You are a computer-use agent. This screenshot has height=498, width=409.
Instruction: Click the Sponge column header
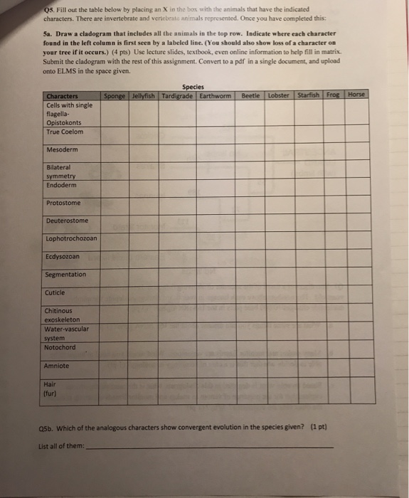[115, 96]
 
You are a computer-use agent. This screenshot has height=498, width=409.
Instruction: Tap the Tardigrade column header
[177, 96]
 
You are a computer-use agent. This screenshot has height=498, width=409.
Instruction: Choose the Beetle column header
[251, 95]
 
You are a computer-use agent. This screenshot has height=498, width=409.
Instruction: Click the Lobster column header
[280, 95]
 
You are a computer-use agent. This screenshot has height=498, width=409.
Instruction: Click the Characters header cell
[63, 97]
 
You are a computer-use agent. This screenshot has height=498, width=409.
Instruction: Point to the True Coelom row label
[65, 132]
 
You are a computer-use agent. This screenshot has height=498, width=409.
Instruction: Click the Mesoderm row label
[62, 150]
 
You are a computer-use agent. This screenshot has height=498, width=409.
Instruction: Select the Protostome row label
[63, 203]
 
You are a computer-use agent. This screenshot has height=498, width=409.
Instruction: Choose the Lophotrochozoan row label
[71, 238]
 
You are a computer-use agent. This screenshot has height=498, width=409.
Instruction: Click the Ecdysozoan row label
[63, 256]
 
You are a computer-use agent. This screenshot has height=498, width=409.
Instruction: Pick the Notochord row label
[60, 347]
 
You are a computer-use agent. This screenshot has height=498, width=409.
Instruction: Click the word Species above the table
[193, 87]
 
